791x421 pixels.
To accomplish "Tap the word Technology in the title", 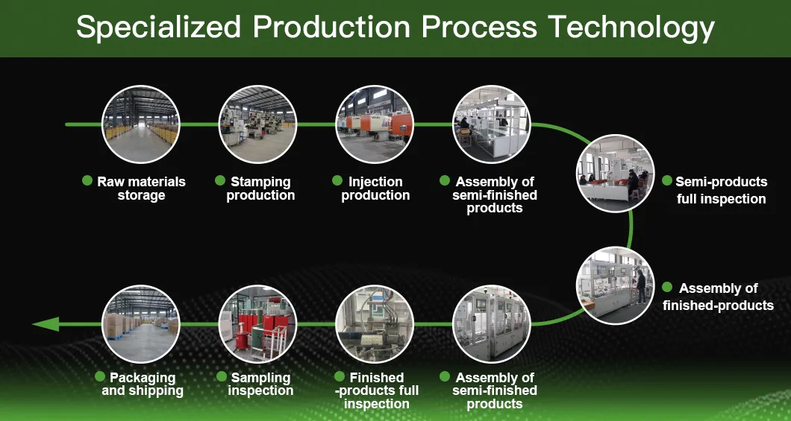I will [x=631, y=28].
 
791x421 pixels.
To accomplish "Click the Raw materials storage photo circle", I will [x=141, y=124].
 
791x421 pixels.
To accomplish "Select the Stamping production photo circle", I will [x=257, y=124].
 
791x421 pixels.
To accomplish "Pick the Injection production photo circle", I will [x=375, y=124].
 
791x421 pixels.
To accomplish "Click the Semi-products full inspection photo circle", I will [x=616, y=173].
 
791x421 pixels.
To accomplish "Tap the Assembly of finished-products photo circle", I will [x=616, y=285].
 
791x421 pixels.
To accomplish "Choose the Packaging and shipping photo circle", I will [x=141, y=324].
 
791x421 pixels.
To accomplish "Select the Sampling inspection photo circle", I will [x=257, y=324].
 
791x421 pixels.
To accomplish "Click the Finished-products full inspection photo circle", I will [x=375, y=324].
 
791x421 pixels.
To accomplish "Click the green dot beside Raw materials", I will [x=87, y=181].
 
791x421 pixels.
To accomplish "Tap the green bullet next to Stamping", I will [x=220, y=181].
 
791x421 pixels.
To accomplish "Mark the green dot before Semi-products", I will [x=667, y=181].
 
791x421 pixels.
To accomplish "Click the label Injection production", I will [x=375, y=189].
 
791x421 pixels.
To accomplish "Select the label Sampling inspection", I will [x=260, y=384].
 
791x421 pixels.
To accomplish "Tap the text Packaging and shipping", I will [x=143, y=384].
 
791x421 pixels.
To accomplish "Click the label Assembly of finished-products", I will [x=718, y=297].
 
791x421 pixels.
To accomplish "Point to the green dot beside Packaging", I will [x=99, y=377].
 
